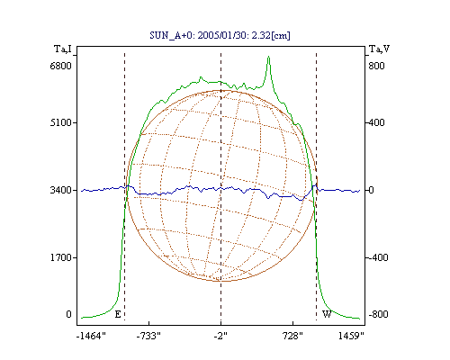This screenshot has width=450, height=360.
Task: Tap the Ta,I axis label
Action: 63,49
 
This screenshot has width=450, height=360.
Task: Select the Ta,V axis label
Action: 379,49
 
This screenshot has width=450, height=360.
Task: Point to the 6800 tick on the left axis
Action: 61,66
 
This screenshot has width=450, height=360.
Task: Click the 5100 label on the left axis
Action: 61,122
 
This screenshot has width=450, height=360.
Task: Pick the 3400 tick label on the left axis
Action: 61,190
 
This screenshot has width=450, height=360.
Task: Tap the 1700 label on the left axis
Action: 61,257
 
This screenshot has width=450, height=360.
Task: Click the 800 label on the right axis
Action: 376,66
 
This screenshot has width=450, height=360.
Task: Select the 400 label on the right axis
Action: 376,122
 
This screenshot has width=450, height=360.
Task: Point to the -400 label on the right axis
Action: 378,257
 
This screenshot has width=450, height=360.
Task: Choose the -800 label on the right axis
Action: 378,314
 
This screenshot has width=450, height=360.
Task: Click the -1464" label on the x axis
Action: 91,336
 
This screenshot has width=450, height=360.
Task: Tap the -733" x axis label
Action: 148,336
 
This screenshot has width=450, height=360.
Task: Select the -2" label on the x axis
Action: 220,336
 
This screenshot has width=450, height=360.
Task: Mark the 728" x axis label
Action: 292,336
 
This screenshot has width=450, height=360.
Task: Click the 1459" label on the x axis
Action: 351,336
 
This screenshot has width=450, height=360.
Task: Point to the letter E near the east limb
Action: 118,314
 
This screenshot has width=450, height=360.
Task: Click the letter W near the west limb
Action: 327,314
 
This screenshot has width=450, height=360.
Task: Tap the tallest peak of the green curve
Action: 269,57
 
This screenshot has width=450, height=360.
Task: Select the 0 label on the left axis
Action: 68,314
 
